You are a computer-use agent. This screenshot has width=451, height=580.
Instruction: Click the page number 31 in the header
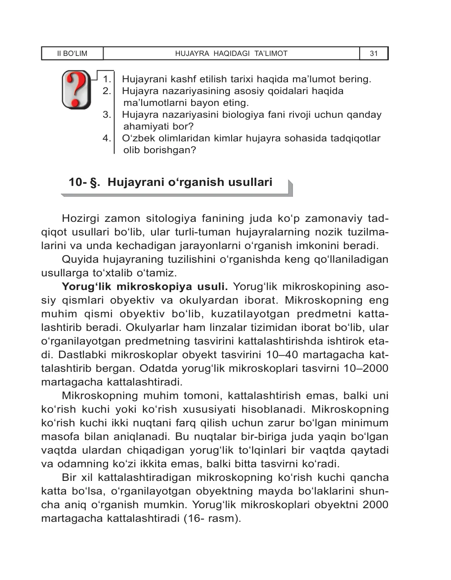coord(374,54)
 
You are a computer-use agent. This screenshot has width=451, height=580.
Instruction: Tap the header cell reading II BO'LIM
coord(72,54)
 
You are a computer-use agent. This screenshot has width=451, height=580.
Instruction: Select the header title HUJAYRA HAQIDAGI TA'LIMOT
coord(231,54)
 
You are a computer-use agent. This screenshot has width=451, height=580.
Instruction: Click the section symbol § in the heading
coord(95,183)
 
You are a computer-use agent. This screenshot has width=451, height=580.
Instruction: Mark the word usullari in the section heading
coord(249,182)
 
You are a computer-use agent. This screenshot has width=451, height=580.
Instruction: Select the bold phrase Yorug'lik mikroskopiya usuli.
coord(144,287)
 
